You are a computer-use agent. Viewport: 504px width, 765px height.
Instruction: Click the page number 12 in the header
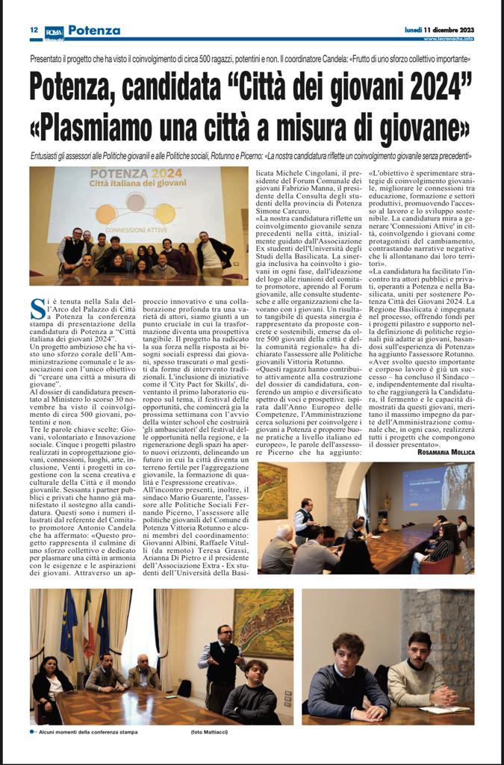point(34,31)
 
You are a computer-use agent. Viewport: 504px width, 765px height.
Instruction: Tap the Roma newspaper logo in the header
point(54,31)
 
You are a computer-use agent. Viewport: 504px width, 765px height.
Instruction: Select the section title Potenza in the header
point(93,31)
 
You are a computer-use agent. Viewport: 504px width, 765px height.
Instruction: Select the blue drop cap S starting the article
point(36,306)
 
